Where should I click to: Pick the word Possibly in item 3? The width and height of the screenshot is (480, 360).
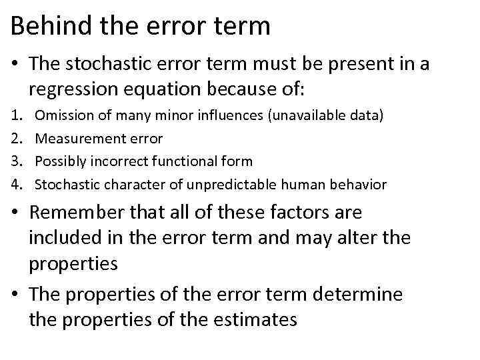point(60,161)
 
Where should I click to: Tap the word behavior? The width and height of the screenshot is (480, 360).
point(357,183)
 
